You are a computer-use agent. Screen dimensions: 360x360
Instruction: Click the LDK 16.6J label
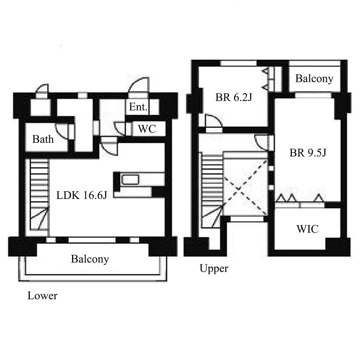pyautogui.click(x=82, y=195)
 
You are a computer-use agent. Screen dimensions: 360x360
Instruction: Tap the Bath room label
pyautogui.click(x=43, y=139)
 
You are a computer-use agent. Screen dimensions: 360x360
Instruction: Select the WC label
pyautogui.click(x=147, y=129)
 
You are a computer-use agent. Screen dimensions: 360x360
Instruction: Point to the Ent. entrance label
pyautogui.click(x=138, y=107)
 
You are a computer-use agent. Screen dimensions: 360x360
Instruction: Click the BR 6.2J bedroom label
pyautogui.click(x=234, y=97)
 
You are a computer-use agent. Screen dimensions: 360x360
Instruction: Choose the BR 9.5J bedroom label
pyautogui.click(x=308, y=153)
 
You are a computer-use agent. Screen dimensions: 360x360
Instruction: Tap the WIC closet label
pyautogui.click(x=307, y=229)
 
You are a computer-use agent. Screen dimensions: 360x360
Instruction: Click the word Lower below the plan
pyautogui.click(x=43, y=296)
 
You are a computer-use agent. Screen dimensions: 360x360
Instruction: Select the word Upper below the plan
pyautogui.click(x=214, y=268)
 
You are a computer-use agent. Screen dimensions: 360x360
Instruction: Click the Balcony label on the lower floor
pyautogui.click(x=90, y=259)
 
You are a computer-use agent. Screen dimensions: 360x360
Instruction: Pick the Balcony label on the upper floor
pyautogui.click(x=314, y=79)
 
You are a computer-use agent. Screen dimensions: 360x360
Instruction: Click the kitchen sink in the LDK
pyautogui.click(x=130, y=180)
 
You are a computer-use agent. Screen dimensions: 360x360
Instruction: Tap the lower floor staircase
pyautogui.click(x=39, y=195)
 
